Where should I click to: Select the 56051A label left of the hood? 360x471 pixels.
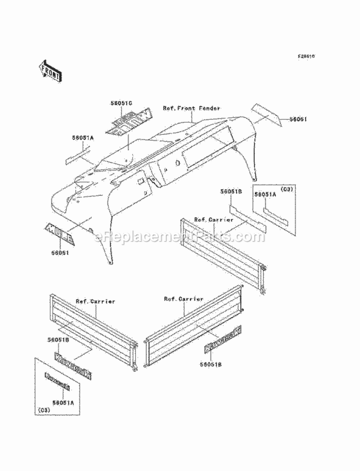(x=83, y=138)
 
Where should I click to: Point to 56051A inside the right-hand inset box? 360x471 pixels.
(x=265, y=194)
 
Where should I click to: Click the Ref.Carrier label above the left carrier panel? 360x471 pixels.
(x=96, y=302)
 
